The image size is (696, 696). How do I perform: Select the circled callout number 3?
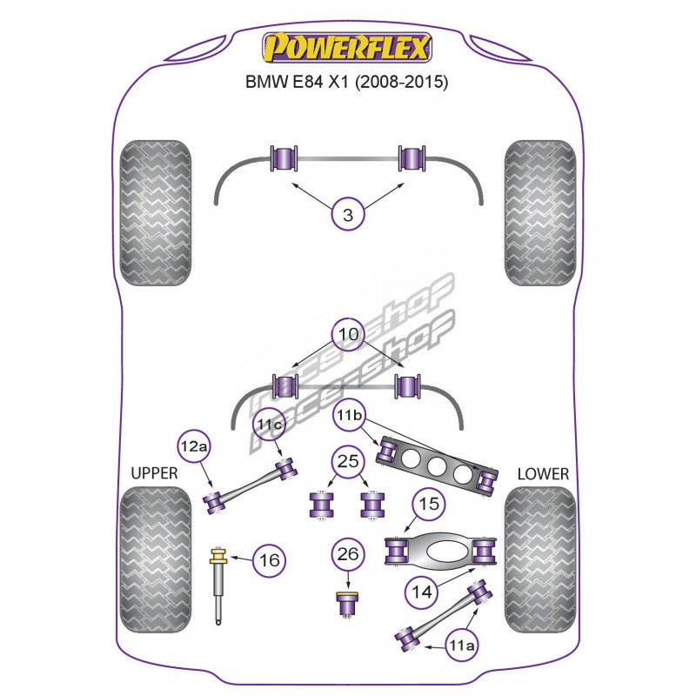(x=348, y=215)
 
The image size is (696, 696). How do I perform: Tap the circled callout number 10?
(x=348, y=334)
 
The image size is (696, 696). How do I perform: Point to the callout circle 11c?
(x=269, y=425)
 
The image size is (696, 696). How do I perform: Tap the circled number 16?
(x=270, y=560)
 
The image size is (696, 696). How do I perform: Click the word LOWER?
(x=542, y=474)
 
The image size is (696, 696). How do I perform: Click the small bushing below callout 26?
(x=348, y=604)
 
